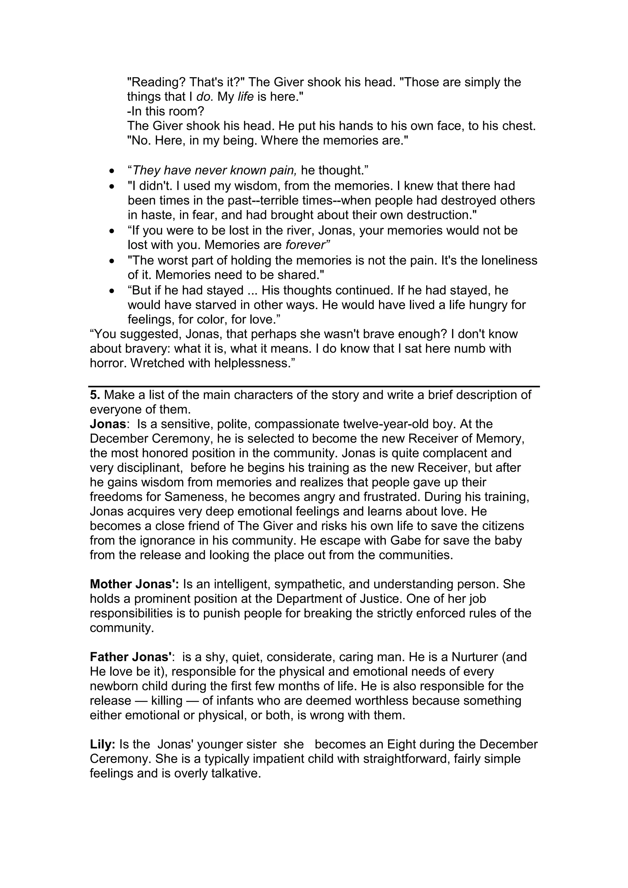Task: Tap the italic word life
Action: click(246, 97)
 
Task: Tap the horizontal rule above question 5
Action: click(314, 386)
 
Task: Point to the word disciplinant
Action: click(143, 468)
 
